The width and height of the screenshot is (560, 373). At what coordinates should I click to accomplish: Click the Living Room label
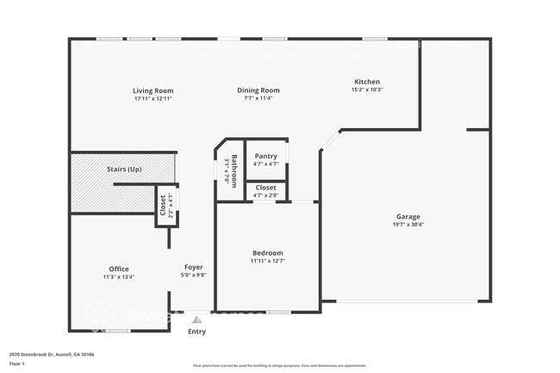click(x=153, y=90)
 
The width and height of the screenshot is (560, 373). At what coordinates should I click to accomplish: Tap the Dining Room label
click(x=258, y=90)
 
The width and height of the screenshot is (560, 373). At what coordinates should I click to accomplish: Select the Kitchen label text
click(x=366, y=81)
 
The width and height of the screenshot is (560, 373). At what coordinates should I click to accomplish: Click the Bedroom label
click(x=267, y=252)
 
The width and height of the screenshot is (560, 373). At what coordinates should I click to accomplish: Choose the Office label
click(x=119, y=269)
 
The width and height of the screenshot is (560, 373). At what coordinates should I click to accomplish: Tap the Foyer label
click(x=194, y=267)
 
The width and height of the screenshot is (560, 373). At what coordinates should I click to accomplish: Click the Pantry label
click(x=265, y=156)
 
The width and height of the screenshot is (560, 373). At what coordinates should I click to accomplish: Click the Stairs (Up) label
click(x=124, y=169)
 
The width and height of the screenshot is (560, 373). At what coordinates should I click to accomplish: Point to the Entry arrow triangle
click(x=196, y=320)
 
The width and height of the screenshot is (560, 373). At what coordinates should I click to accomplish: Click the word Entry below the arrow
click(x=196, y=331)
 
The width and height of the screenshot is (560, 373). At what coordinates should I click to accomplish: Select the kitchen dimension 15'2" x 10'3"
click(x=366, y=89)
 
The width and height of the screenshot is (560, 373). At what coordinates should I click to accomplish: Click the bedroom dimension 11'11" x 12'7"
click(x=267, y=260)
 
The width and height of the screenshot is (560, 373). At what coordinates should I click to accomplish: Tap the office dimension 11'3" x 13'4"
click(x=119, y=277)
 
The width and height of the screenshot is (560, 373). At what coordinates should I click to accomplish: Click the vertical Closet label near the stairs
click(x=164, y=204)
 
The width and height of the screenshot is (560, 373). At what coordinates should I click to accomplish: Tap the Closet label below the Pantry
click(x=265, y=187)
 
